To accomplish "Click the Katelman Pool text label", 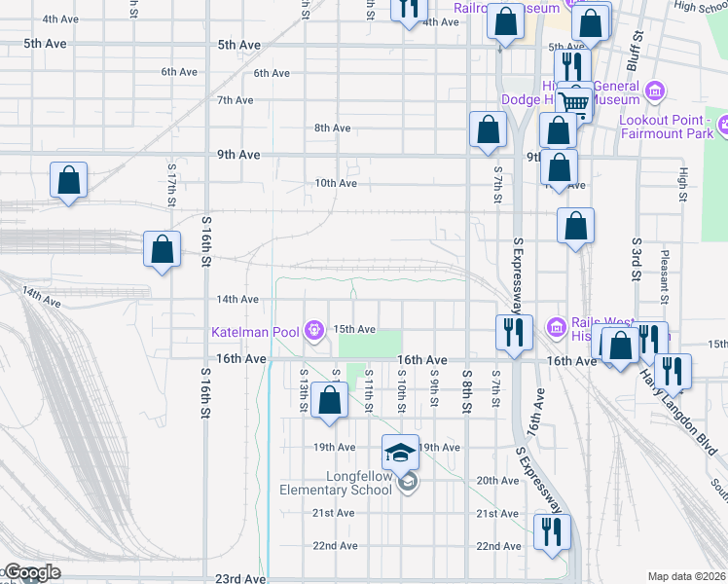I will [x=256, y=332].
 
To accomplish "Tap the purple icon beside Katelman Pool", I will [x=313, y=332].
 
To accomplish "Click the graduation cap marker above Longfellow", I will [x=400, y=452].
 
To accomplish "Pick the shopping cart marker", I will [x=575, y=102].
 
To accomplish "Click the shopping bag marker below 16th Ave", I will [x=330, y=400].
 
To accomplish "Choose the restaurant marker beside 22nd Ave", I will [x=551, y=532].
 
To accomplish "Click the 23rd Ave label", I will [x=240, y=578].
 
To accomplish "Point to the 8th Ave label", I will [x=332, y=128].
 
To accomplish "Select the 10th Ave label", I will [x=334, y=183].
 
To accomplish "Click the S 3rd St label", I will [x=637, y=257].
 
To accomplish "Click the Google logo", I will [x=31, y=573].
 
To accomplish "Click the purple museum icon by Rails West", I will [x=556, y=325].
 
